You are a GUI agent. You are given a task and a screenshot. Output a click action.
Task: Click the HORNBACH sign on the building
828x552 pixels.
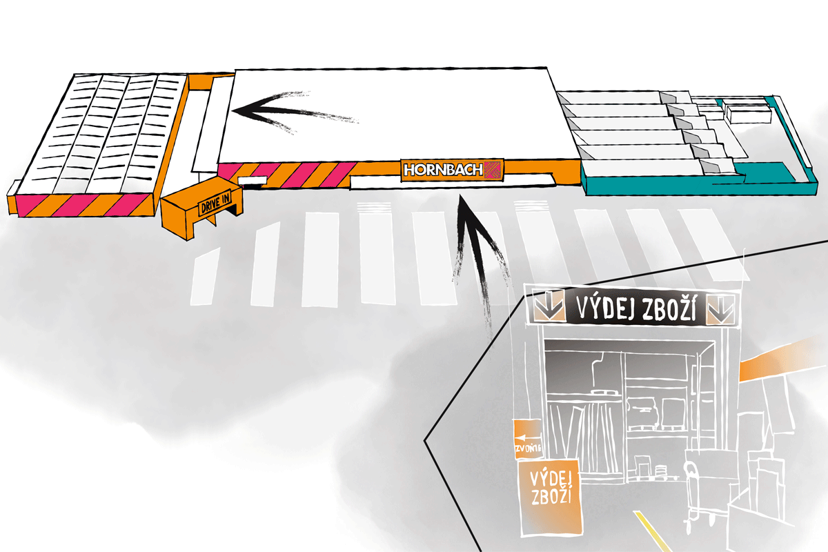coord(452,169)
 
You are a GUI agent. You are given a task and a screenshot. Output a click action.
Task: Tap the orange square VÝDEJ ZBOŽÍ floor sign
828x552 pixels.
coord(548,495)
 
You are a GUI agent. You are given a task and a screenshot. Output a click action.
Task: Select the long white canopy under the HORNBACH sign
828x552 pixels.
coord(452,181)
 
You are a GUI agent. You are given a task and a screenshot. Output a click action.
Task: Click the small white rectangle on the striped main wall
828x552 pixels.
coord(253,181)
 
